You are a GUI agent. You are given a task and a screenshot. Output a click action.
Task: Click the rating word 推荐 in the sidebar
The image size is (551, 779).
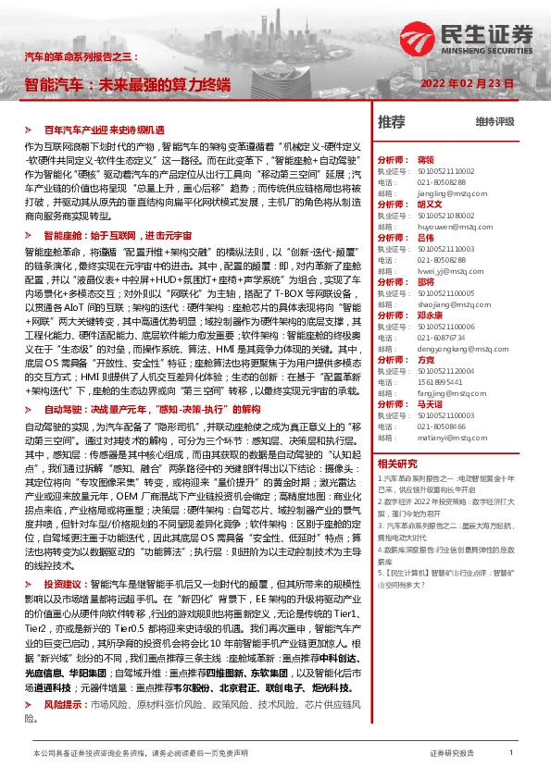pyautogui.click(x=392, y=122)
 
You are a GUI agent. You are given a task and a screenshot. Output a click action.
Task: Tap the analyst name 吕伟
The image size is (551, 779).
pyautogui.click(x=426, y=238)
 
